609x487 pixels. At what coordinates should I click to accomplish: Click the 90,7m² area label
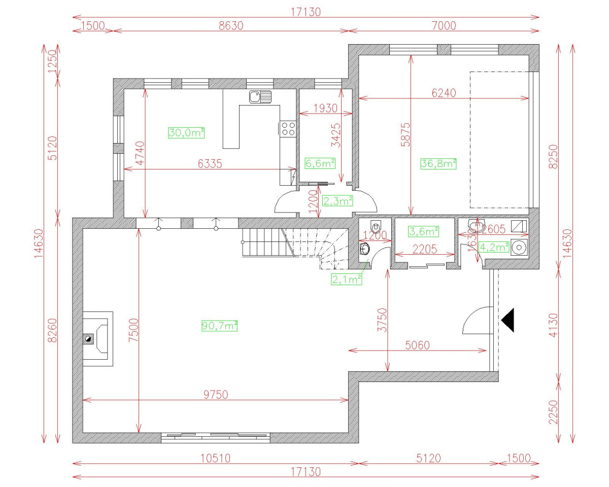point(220,326)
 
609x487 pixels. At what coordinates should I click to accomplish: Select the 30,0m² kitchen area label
point(186,133)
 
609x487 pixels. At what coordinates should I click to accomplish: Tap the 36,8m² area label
point(438,163)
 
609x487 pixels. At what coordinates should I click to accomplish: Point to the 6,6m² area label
point(320,163)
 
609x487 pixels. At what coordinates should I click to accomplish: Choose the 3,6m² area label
point(423,231)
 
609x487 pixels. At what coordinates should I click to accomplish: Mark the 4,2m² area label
point(494,247)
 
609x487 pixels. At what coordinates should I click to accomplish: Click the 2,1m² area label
point(346,279)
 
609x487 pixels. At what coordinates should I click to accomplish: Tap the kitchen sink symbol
point(260,96)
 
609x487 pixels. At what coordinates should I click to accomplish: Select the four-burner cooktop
point(288,128)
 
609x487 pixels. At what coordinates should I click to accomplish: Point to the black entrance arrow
point(508,321)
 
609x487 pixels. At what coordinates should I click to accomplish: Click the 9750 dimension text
point(216,394)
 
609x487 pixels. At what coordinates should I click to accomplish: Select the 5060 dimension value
point(417,345)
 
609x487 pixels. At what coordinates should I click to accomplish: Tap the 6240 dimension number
point(444,93)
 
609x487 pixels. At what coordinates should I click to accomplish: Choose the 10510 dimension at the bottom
point(216,458)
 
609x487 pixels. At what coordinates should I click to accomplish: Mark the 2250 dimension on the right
point(553,413)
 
